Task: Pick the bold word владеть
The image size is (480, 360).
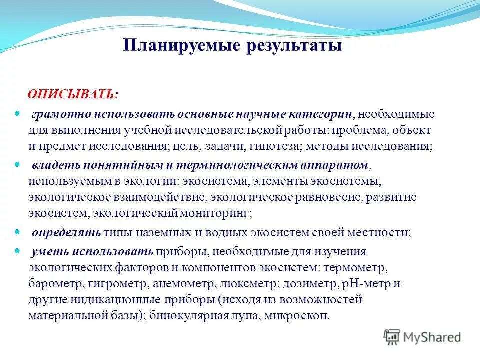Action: point(50,165)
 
